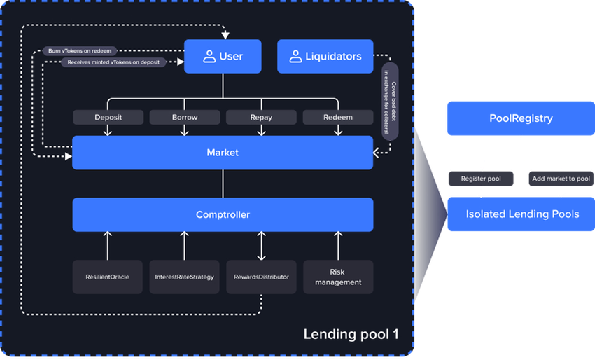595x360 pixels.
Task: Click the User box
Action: pyautogui.click(x=223, y=56)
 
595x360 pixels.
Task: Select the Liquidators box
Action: pyautogui.click(x=324, y=56)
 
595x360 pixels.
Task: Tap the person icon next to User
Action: pyautogui.click(x=209, y=56)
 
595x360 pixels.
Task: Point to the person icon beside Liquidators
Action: pyautogui.click(x=296, y=56)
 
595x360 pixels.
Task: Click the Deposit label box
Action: pyautogui.click(x=108, y=118)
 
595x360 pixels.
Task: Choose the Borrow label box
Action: pyautogui.click(x=185, y=118)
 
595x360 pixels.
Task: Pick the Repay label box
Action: pyautogui.click(x=261, y=118)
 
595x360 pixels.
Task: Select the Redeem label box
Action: pyautogui.click(x=338, y=118)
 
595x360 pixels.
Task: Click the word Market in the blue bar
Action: pyautogui.click(x=223, y=152)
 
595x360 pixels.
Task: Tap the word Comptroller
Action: pyautogui.click(x=223, y=214)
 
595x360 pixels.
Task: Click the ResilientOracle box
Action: pyautogui.click(x=108, y=277)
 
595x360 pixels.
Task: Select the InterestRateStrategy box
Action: pyautogui.click(x=185, y=277)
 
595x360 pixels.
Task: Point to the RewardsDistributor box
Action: pyautogui.click(x=261, y=277)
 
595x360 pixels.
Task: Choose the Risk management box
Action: pyautogui.click(x=338, y=277)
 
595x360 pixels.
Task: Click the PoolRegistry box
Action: pyautogui.click(x=521, y=118)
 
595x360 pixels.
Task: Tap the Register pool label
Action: pyautogui.click(x=481, y=179)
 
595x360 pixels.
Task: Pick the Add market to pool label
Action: pyautogui.click(x=560, y=179)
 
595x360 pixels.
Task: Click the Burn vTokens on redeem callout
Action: pyautogui.click(x=79, y=50)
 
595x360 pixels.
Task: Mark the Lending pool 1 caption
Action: pyautogui.click(x=351, y=334)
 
